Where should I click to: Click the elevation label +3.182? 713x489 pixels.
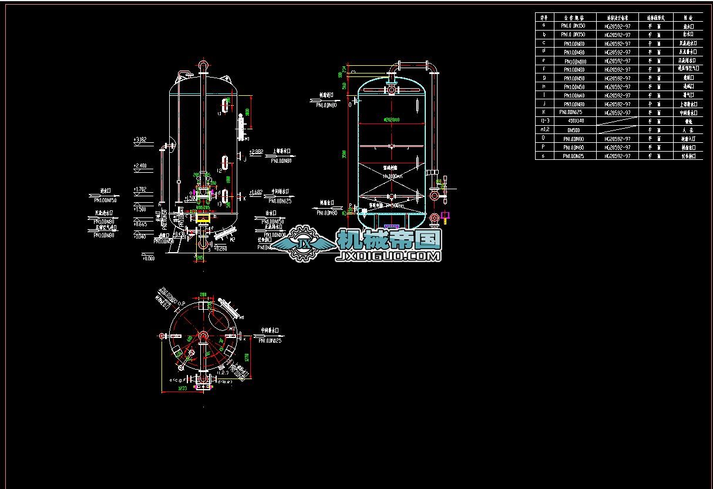pyautogui.click(x=140, y=140)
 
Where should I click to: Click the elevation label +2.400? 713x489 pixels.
pyautogui.click(x=140, y=166)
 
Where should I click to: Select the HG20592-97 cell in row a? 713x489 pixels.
pyautogui.click(x=617, y=26)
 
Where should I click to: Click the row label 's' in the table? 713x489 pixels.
pyautogui.click(x=544, y=156)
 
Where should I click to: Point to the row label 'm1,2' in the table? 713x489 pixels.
pyautogui.click(x=544, y=130)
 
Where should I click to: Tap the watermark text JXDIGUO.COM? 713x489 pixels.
pyautogui.click(x=388, y=256)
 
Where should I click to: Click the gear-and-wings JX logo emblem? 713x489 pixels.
pyautogui.click(x=304, y=243)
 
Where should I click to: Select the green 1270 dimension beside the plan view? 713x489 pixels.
pyautogui.click(x=247, y=357)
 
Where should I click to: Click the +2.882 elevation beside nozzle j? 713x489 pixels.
pyautogui.click(x=256, y=152)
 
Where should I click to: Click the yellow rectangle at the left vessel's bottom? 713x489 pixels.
pyautogui.click(x=204, y=219)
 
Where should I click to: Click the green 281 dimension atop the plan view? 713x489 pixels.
pyautogui.click(x=203, y=294)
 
